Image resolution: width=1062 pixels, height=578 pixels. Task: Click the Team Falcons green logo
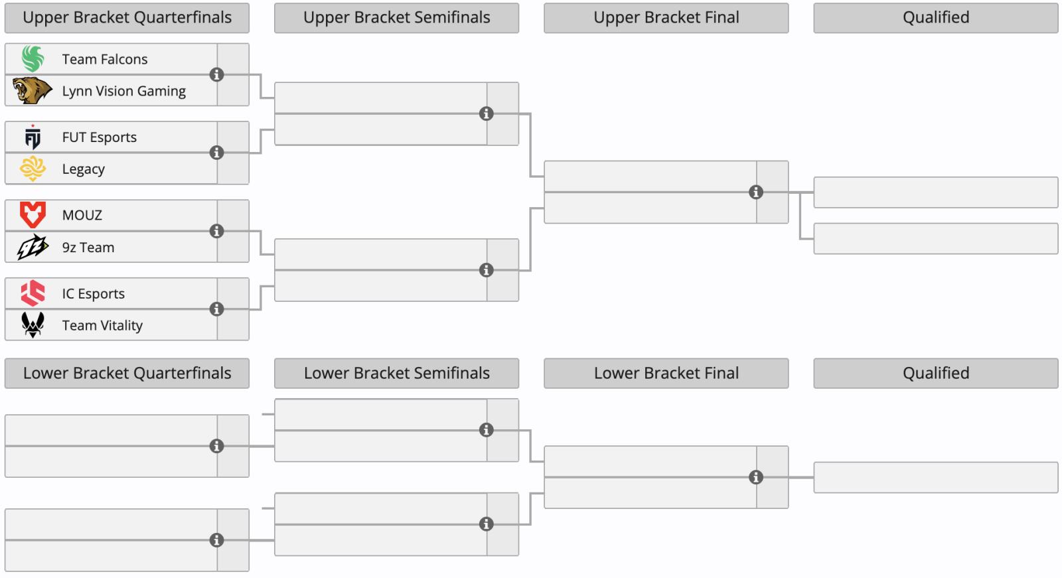pyautogui.click(x=33, y=59)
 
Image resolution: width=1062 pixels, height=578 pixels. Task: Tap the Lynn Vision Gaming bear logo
pyautogui.click(x=32, y=90)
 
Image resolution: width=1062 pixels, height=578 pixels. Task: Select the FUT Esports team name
pyautogui.click(x=99, y=137)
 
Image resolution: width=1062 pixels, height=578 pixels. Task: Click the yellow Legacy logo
pyautogui.click(x=33, y=169)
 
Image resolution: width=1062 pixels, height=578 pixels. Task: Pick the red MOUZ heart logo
pyautogui.click(x=33, y=215)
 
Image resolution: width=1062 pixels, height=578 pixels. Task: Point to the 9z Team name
pyautogui.click(x=88, y=247)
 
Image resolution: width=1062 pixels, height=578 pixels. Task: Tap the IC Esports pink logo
pyautogui.click(x=33, y=293)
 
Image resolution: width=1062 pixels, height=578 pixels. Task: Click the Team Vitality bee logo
pyautogui.click(x=33, y=325)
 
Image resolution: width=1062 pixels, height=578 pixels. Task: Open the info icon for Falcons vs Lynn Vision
pyautogui.click(x=216, y=74)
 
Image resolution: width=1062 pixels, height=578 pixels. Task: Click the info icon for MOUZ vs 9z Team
pyautogui.click(x=216, y=231)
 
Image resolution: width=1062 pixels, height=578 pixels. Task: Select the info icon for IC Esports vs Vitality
pyautogui.click(x=216, y=309)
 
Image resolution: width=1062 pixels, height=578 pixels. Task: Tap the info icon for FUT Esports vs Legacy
pyautogui.click(x=216, y=153)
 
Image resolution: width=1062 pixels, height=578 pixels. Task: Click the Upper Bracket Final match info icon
pyautogui.click(x=756, y=192)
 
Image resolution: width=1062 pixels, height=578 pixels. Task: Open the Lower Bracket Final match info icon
pyautogui.click(x=756, y=477)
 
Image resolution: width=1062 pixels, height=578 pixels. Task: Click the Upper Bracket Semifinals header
pyautogui.click(x=397, y=18)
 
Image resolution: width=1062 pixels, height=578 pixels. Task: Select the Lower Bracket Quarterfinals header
pyautogui.click(x=127, y=374)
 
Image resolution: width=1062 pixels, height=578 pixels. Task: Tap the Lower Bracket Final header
pyautogui.click(x=666, y=374)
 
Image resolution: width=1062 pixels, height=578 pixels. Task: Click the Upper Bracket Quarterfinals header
pyautogui.click(x=127, y=18)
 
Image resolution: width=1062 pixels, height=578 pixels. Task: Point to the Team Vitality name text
pyautogui.click(x=102, y=325)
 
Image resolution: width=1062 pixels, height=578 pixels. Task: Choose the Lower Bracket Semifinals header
pyautogui.click(x=397, y=374)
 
